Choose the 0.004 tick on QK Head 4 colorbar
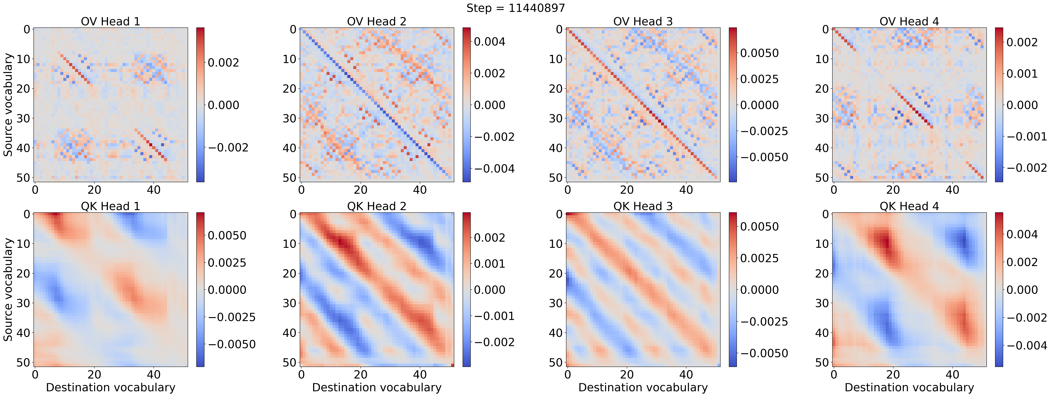coord(1022,234)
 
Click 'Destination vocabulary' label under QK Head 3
coord(643,387)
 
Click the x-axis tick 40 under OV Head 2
coord(420,190)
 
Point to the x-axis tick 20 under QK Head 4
coord(893,375)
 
